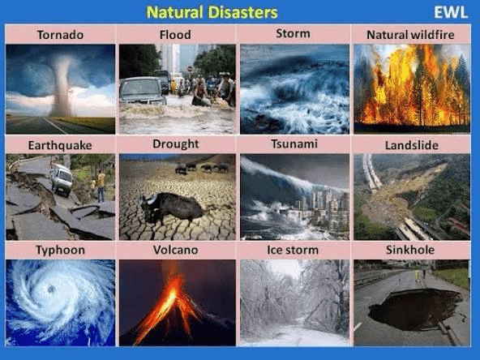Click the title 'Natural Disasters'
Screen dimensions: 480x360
tap(212, 12)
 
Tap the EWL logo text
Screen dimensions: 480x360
tap(451, 12)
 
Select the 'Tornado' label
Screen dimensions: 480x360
tap(60, 35)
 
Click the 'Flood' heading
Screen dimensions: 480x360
tap(175, 35)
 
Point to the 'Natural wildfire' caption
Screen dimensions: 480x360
tap(410, 35)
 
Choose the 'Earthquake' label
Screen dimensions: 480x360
tap(60, 145)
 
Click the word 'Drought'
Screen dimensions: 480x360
tap(176, 144)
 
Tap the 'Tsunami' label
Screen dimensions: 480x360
tap(294, 144)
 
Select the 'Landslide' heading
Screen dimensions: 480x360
tap(412, 145)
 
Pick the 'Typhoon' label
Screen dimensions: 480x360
tap(60, 250)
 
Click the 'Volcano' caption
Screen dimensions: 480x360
tap(175, 250)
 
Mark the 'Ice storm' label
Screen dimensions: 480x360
tap(293, 250)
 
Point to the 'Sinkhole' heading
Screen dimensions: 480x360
tap(410, 250)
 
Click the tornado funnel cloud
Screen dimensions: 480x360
tap(62, 88)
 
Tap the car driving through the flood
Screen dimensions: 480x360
tap(142, 92)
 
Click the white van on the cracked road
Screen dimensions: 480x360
tap(62, 180)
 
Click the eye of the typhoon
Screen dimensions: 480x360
tap(51, 289)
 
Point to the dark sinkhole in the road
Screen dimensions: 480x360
tap(415, 310)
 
